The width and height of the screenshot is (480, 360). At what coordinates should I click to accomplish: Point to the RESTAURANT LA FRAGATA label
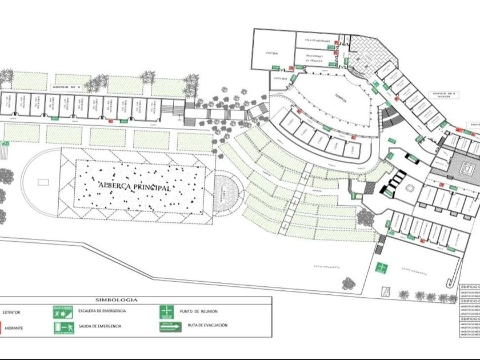click(x=314, y=58)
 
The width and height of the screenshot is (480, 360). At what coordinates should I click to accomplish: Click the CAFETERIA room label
click(x=279, y=78)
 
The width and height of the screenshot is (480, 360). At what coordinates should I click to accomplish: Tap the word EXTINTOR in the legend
click(x=11, y=313)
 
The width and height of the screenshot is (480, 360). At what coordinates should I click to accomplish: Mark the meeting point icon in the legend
click(x=166, y=312)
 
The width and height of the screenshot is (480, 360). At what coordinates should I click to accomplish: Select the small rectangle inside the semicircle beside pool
click(x=40, y=183)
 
